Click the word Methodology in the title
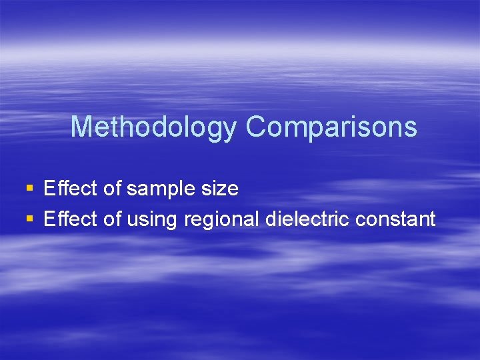tap(153, 127)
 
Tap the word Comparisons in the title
tap(331, 127)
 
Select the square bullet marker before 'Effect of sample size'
tap(29, 189)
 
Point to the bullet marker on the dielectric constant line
tap(29, 219)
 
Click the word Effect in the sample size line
tap(71, 189)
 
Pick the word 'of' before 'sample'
tap(112, 189)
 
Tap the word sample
tap(157, 189)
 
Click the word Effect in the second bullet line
tap(71, 218)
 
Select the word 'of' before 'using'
tap(112, 218)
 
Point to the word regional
tap(220, 219)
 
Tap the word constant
tap(395, 218)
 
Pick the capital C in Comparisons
tap(255, 127)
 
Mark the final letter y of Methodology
tap(229, 129)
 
